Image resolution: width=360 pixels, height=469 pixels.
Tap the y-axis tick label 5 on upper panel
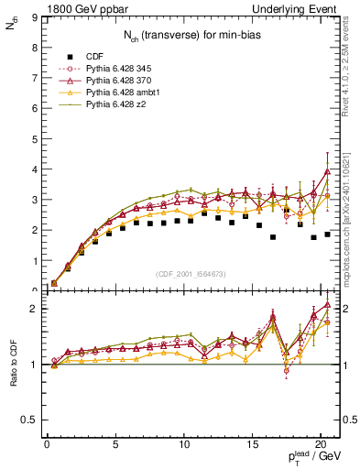[34, 139]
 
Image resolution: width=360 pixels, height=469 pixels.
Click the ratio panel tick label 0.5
[30, 420]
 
